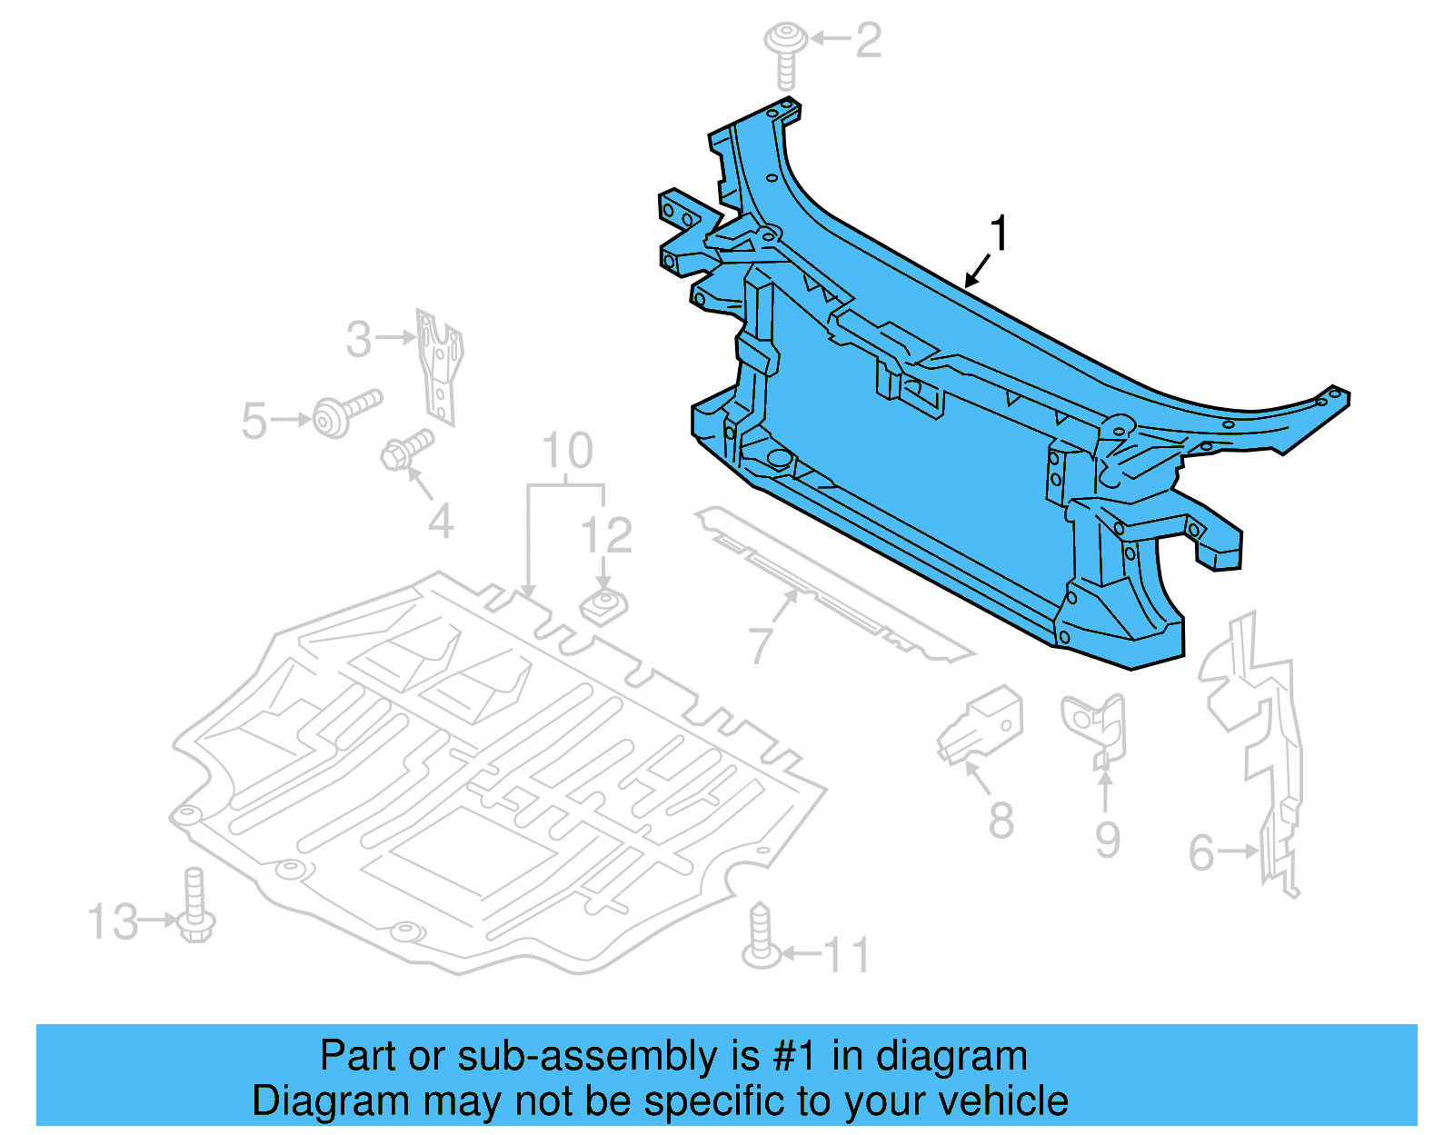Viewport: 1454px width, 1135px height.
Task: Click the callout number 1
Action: [x=999, y=234]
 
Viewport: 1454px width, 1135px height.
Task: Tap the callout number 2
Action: [x=868, y=41]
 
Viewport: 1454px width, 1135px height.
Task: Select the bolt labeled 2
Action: [x=786, y=55]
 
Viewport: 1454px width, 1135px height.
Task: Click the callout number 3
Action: [x=359, y=340]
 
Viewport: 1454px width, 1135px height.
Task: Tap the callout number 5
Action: [x=254, y=422]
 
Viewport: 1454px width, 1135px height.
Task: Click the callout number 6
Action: [x=1201, y=853]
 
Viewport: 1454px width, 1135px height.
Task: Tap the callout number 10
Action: [x=567, y=451]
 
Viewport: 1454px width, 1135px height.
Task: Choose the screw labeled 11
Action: [x=761, y=936]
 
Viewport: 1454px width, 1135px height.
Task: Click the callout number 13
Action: [x=113, y=922]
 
